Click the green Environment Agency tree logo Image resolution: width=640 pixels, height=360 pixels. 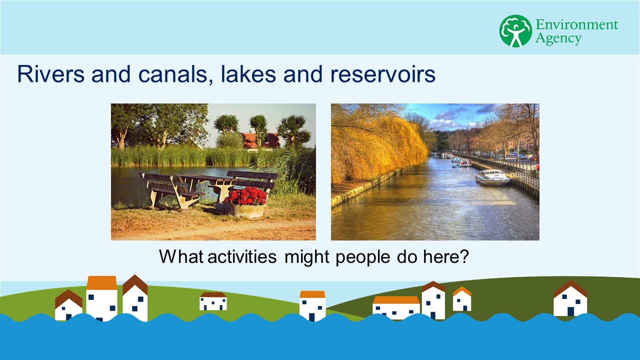point(515,31)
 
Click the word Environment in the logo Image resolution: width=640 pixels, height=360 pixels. point(576,24)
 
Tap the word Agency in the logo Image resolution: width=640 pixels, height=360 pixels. point(558,38)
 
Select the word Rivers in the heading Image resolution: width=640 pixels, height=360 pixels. point(51,74)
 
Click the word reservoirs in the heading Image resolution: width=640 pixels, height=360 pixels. point(382,74)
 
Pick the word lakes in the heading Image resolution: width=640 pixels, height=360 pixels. point(248,74)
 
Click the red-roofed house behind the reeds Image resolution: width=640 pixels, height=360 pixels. point(260,140)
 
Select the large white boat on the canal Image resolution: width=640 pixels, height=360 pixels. point(493,177)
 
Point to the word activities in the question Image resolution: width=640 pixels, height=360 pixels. point(242,256)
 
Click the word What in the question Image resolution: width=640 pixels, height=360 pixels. point(181,256)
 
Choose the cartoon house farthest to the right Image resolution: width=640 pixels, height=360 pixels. point(570,298)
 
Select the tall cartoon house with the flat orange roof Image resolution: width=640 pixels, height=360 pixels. point(101,298)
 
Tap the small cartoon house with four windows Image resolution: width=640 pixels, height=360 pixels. point(213,301)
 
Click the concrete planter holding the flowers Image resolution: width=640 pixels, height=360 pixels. point(247,211)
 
